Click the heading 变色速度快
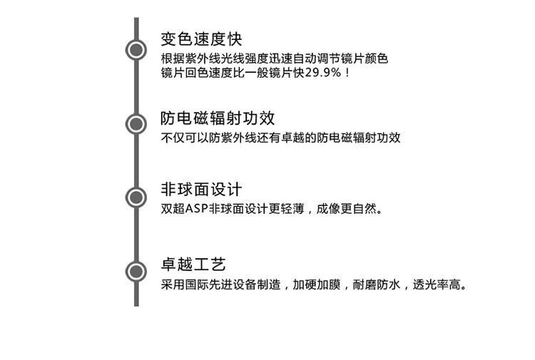(202, 38)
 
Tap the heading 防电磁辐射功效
(218, 118)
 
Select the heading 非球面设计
(202, 190)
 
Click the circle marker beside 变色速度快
(136, 50)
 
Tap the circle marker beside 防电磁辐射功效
(136, 124)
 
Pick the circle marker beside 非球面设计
(136, 197)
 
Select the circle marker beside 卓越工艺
(136, 271)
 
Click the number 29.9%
(323, 73)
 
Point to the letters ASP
(197, 210)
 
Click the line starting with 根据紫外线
(275, 58)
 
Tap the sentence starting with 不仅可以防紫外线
(280, 138)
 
